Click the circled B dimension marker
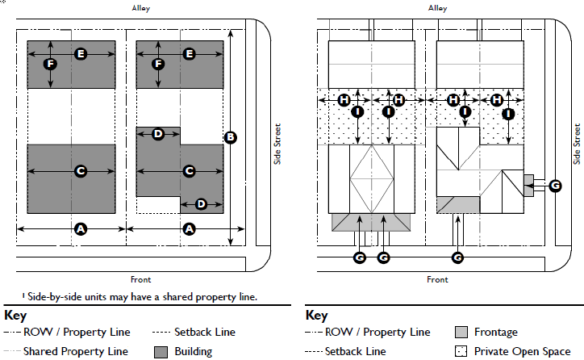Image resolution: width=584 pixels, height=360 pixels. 231,137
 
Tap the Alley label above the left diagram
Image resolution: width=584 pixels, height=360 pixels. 142,8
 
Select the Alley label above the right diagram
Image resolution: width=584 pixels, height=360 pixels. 437,8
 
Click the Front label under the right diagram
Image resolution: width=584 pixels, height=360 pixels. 437,280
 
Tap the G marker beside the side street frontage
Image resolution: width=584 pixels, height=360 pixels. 554,186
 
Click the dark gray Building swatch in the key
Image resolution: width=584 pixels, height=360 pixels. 160,351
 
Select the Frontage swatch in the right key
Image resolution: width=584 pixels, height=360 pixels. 461,333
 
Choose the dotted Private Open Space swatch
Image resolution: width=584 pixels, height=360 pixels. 461,351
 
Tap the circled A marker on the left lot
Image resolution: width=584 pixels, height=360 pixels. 80,229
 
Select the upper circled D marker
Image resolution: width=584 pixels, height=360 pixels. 159,134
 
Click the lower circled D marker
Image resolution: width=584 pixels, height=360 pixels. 202,203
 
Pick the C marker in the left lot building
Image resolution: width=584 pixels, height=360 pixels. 80,171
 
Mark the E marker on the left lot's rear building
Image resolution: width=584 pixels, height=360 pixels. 80,53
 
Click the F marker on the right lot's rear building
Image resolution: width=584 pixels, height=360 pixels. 159,63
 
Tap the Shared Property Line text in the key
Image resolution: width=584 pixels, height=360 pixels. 76,351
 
